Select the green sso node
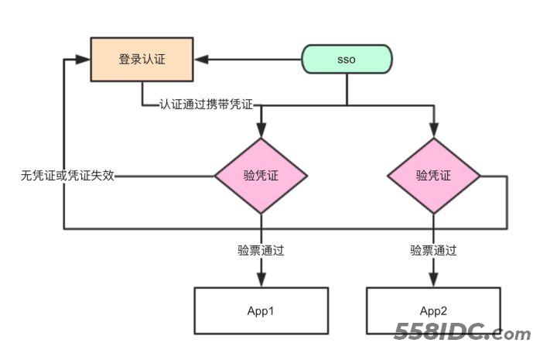(x=347, y=60)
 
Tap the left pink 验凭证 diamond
(x=261, y=176)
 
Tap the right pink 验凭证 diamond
(x=433, y=176)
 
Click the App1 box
(x=261, y=310)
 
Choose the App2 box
(x=433, y=310)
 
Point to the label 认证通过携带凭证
(x=207, y=104)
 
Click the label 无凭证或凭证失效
(x=68, y=176)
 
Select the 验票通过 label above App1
(x=261, y=250)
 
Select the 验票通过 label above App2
(x=433, y=250)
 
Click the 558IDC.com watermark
(x=463, y=334)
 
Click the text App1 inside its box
(x=261, y=310)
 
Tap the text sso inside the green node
(x=347, y=60)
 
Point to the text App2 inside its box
(x=433, y=310)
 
